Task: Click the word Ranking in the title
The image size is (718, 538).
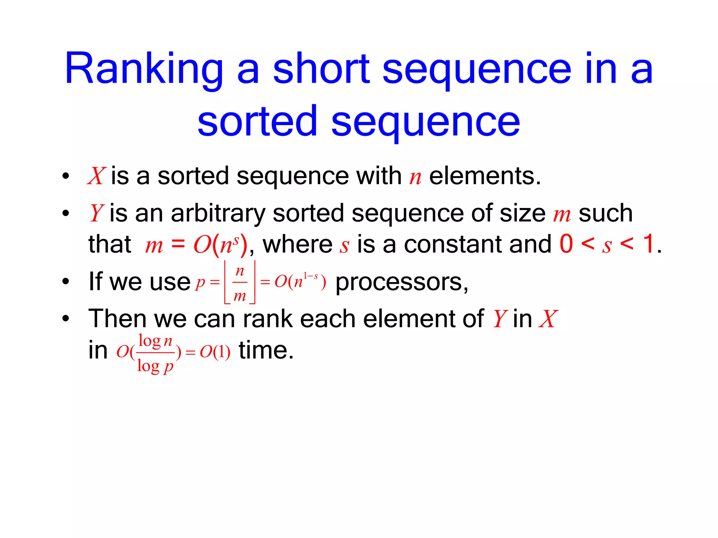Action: click(144, 69)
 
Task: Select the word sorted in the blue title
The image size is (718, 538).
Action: click(257, 122)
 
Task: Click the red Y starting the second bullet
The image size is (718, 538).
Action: click(96, 213)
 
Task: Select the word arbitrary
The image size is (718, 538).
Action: click(218, 213)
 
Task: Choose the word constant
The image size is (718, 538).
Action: click(455, 244)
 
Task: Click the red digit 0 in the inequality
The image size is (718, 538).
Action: click(566, 244)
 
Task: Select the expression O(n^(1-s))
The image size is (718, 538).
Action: click(300, 281)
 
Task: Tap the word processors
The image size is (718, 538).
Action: click(401, 282)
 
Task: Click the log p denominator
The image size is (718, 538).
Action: click(155, 366)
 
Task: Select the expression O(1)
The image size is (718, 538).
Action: click(215, 352)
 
